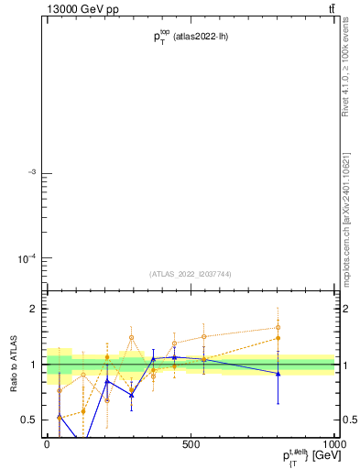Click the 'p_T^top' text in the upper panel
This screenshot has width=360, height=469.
(x=161, y=36)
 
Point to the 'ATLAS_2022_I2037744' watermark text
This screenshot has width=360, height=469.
(x=190, y=274)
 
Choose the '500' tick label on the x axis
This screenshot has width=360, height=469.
(x=191, y=443)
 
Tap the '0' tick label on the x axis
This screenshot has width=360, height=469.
(x=47, y=443)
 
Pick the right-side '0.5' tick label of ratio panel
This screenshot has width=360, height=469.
(x=349, y=420)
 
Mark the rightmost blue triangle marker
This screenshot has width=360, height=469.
(x=278, y=373)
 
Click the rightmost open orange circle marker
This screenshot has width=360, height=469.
(x=278, y=327)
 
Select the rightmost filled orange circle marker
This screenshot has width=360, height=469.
(x=278, y=338)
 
